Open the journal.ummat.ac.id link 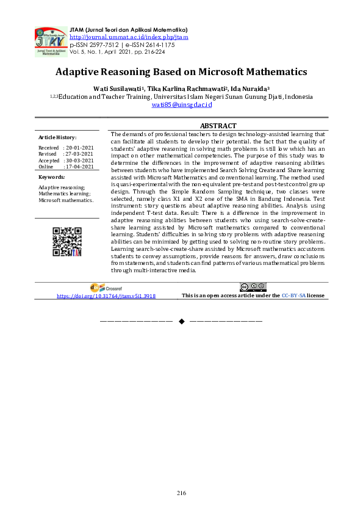(x=129, y=37)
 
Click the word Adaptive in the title (x=82, y=72)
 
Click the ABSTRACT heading (x=218, y=126)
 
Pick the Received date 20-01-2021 (x=79, y=148)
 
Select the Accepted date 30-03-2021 (x=79, y=160)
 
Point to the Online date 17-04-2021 (x=79, y=166)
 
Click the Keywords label (x=51, y=177)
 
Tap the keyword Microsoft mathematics (x=66, y=200)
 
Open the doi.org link (x=106, y=295)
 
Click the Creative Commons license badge (x=253, y=287)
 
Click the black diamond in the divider (x=181, y=320)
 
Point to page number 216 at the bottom (x=181, y=493)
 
